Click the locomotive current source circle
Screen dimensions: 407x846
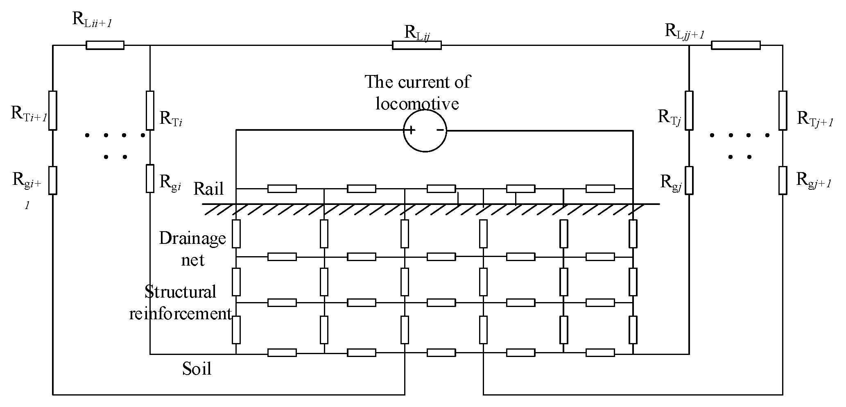pyautogui.click(x=425, y=131)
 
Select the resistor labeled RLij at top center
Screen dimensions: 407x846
pyautogui.click(x=416, y=45)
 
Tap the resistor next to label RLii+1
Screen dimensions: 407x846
pyautogui.click(x=105, y=45)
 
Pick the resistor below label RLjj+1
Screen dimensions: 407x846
pyautogui.click(x=735, y=45)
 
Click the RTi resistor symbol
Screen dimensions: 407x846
pyautogui.click(x=150, y=110)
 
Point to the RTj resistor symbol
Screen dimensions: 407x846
pyautogui.click(x=689, y=110)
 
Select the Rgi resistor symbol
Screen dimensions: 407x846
pyautogui.click(x=150, y=178)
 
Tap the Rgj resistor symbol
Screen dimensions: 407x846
pyautogui.click(x=689, y=180)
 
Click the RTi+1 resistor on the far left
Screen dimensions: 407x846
pyautogui.click(x=52, y=110)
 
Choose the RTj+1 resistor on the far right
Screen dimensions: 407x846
pyautogui.click(x=783, y=110)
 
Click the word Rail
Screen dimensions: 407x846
pyautogui.click(x=208, y=189)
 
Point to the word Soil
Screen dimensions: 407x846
pyautogui.click(x=197, y=368)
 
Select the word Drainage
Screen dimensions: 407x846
pyautogui.click(x=192, y=238)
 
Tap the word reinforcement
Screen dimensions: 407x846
pyautogui.click(x=181, y=314)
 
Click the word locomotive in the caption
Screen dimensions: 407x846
pyautogui.click(x=417, y=103)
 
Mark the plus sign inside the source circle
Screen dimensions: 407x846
pyautogui.click(x=410, y=130)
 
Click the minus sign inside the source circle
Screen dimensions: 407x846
pyautogui.click(x=440, y=130)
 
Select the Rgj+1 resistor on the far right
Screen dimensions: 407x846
pyautogui.click(x=783, y=180)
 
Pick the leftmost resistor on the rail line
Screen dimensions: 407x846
pyautogui.click(x=282, y=189)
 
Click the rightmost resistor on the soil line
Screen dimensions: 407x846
pyautogui.click(x=600, y=352)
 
